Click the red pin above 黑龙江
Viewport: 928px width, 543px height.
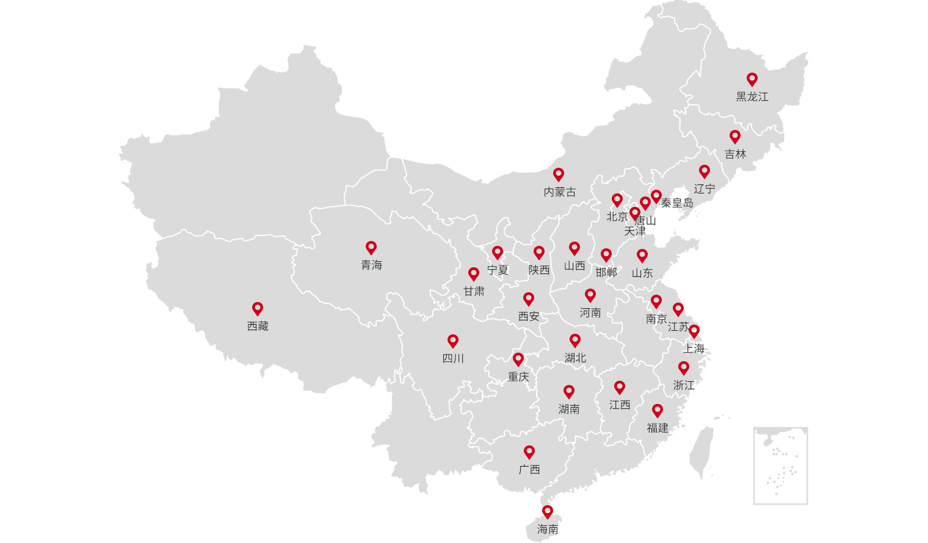752,79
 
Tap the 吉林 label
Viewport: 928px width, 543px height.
735,154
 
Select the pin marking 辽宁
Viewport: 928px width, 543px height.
705,171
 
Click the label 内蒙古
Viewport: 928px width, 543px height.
560,192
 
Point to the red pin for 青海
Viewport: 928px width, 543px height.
371,248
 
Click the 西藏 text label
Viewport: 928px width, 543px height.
258,326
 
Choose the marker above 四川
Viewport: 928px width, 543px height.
453,341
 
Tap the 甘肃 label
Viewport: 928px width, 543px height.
474,292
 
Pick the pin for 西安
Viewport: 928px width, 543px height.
529,299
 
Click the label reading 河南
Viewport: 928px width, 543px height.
590,313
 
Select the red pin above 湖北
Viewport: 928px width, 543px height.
575,340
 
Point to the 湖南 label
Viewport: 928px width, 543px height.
569,409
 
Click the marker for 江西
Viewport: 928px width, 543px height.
620,387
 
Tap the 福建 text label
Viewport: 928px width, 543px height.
658,428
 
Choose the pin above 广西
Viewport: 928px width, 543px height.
529,452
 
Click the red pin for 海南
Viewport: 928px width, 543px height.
548,512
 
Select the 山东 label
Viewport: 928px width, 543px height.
642,273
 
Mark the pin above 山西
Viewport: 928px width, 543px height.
575,248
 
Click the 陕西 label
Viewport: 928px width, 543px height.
539,270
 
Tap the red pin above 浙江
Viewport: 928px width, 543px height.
684,368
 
